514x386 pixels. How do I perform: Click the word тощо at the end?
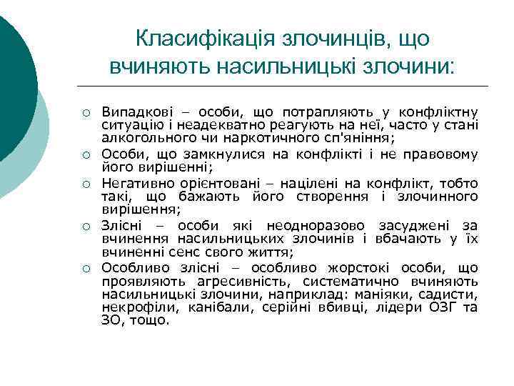pos(151,320)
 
